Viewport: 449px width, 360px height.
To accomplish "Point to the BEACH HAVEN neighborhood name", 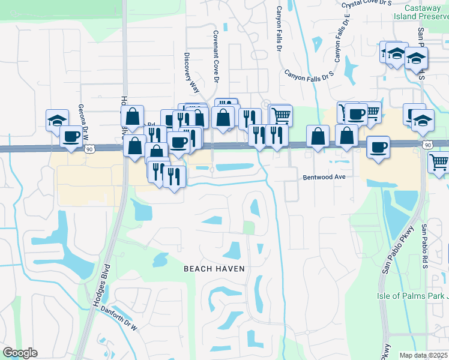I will click(x=214, y=269).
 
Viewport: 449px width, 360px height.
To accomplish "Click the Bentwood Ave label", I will click(x=325, y=178).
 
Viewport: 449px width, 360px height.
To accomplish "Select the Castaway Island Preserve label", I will click(x=427, y=12).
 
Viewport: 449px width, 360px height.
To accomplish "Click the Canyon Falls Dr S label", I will click(x=309, y=75).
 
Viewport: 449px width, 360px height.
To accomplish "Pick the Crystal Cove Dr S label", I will click(x=366, y=4).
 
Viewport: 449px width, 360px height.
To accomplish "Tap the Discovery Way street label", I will click(x=191, y=72).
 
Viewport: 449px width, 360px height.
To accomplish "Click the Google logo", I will click(x=20, y=353).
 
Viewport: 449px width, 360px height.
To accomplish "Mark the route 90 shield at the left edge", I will click(x=89, y=148).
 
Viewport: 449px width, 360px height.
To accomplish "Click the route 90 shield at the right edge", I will click(x=427, y=145).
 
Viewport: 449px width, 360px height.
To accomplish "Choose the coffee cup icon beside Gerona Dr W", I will click(x=71, y=136).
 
